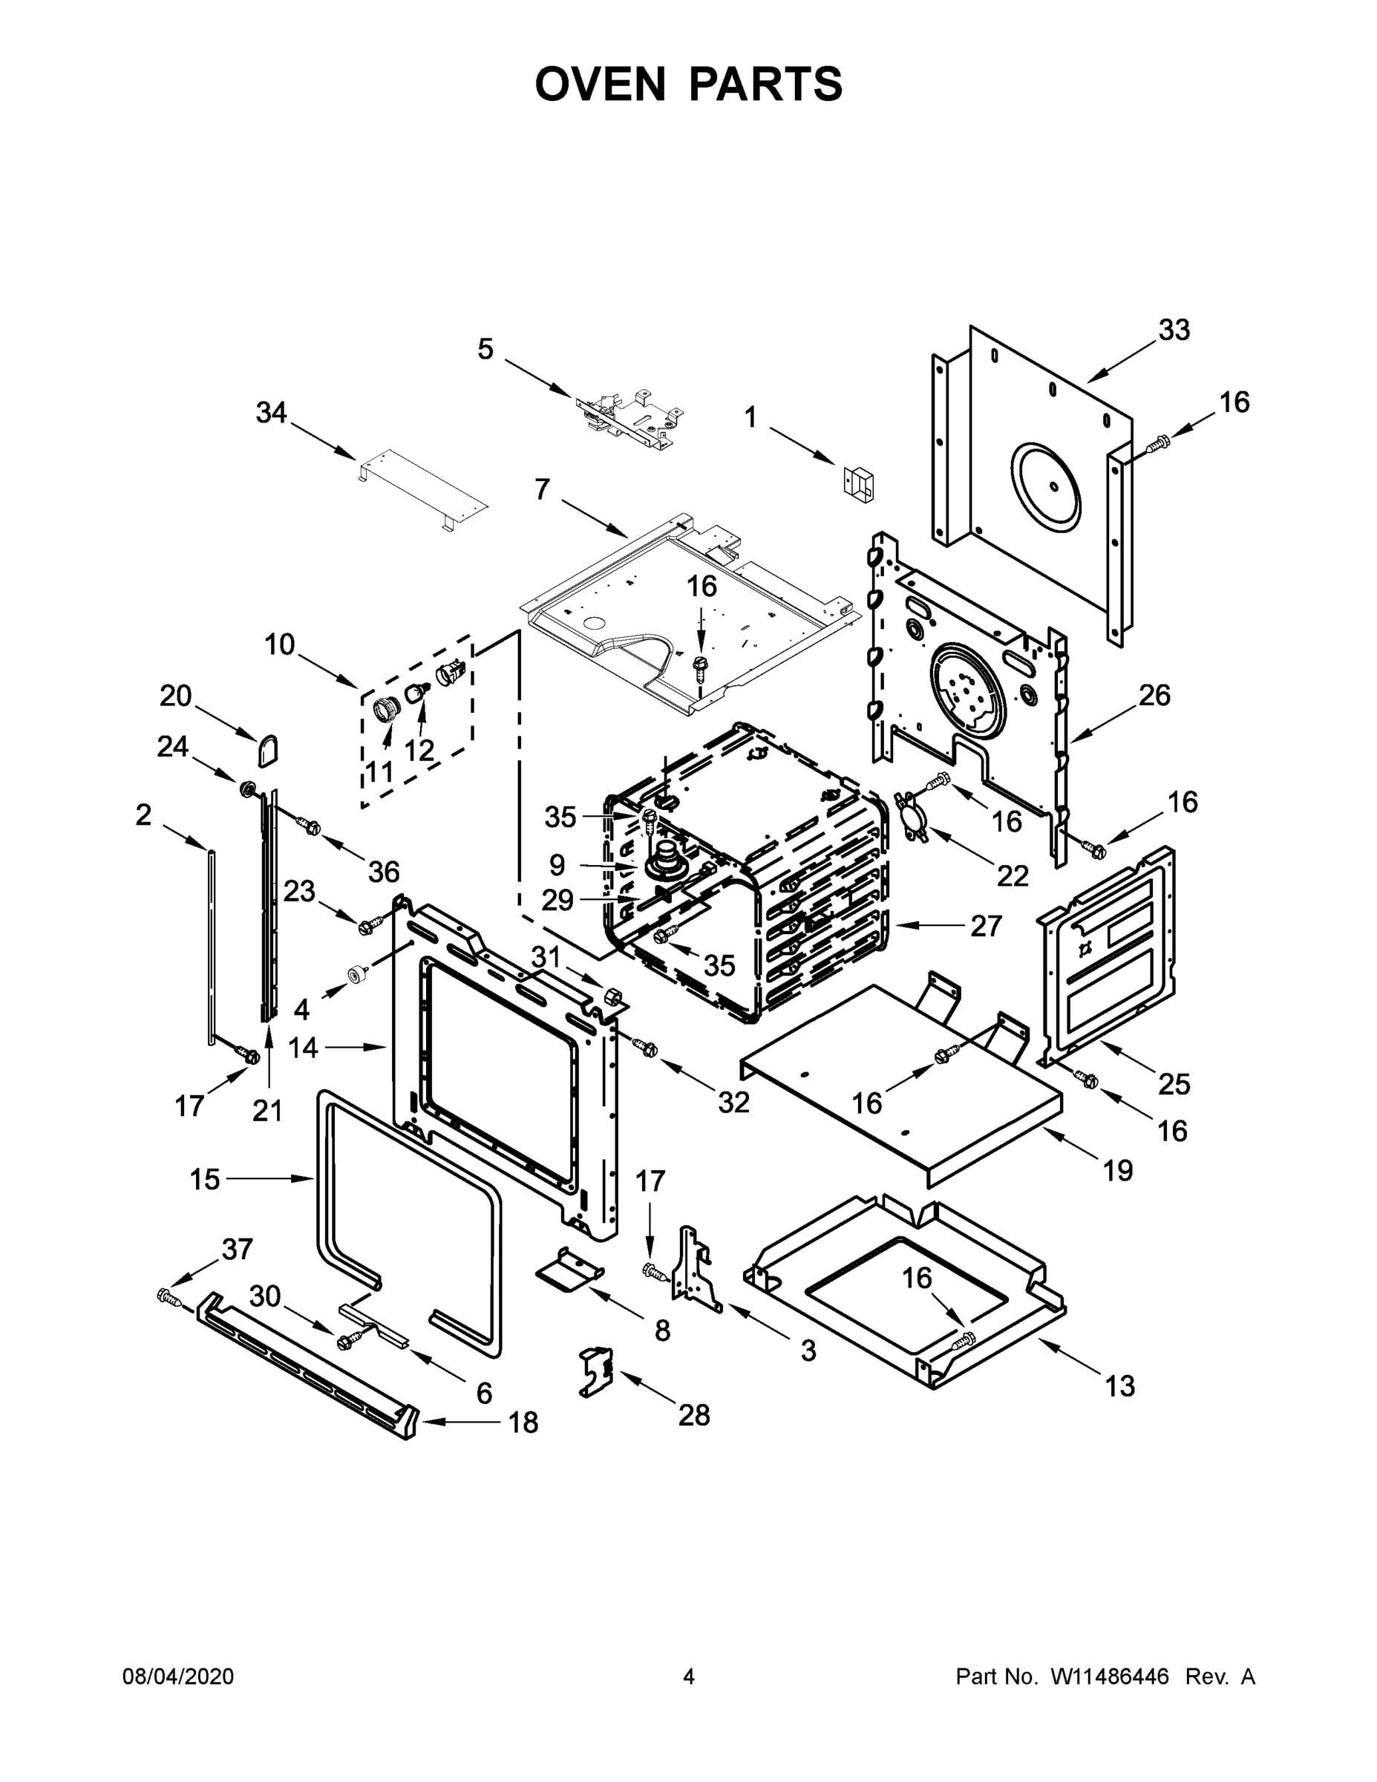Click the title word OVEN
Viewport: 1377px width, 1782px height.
pos(600,84)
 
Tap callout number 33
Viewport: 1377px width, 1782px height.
pos(1174,330)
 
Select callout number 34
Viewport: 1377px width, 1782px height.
pos(272,413)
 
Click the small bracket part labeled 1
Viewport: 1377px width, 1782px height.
pos(857,481)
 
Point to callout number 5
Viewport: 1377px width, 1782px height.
pos(485,349)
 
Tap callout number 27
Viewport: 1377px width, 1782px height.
pos(986,926)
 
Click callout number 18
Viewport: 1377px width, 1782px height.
pos(523,1422)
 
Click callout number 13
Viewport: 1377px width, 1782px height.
pos(1120,1386)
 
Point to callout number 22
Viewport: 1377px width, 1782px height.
pos(1013,875)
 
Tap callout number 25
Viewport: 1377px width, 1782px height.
pos(1174,1083)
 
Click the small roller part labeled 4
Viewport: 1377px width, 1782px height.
pos(356,974)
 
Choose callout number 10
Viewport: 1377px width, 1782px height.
pos(279,644)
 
